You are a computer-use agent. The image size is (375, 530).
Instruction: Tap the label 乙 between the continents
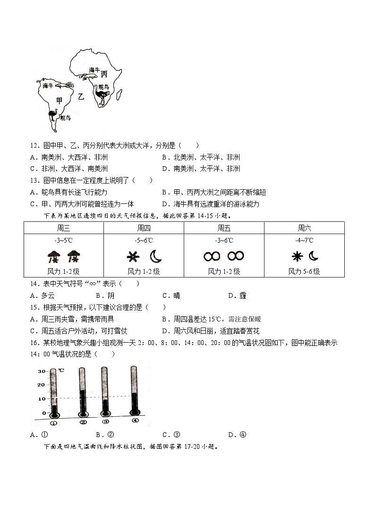coord(81,97)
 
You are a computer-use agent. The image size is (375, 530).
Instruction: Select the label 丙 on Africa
coord(104,74)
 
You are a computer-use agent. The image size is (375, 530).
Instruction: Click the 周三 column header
coord(63,228)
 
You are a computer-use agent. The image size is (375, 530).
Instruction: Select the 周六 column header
coord(304,228)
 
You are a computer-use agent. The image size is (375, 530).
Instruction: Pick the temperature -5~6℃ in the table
coord(144,240)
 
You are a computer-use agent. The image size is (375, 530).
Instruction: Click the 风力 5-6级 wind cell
coord(304,271)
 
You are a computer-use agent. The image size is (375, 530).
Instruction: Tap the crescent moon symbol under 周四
coord(156,256)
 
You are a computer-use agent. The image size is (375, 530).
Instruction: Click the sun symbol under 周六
coord(297,256)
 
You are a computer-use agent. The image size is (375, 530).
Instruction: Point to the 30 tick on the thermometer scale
coord(42,371)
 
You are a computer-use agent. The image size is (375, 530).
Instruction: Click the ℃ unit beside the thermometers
coord(61,371)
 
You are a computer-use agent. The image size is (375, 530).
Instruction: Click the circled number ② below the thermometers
coord(83,422)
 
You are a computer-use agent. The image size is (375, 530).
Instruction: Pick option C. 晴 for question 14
coord(171,295)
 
